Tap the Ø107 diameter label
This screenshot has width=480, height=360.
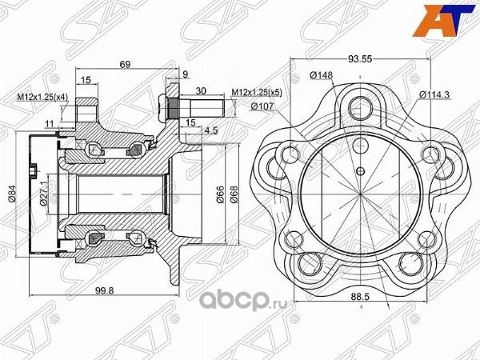262,106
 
